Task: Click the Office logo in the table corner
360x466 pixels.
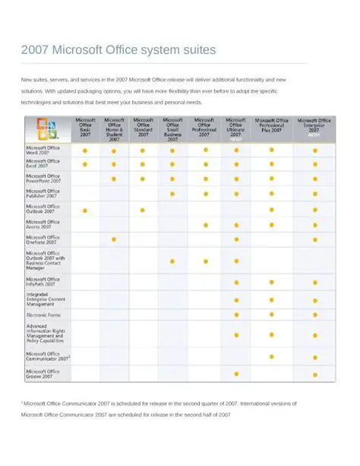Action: pos(46,127)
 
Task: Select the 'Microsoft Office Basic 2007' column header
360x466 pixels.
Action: pos(85,127)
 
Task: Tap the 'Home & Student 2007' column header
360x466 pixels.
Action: pos(114,128)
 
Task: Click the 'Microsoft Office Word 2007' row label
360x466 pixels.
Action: pos(43,150)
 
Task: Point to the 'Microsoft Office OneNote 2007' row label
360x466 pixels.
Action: pos(43,239)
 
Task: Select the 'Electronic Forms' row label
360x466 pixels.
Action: pos(43,314)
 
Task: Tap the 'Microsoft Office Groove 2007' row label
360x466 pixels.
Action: pos(43,373)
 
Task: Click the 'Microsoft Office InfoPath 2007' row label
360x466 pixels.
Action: pos(43,281)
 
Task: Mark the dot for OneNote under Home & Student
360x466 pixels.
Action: pos(114,239)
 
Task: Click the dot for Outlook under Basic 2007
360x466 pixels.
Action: pos(85,210)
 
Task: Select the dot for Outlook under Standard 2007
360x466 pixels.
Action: pos(143,210)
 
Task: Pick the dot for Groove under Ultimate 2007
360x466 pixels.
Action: pos(236,373)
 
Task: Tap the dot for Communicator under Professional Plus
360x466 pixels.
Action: pos(272,356)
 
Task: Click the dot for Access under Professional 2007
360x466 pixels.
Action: pos(205,225)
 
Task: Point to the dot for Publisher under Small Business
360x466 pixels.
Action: pos(172,194)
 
